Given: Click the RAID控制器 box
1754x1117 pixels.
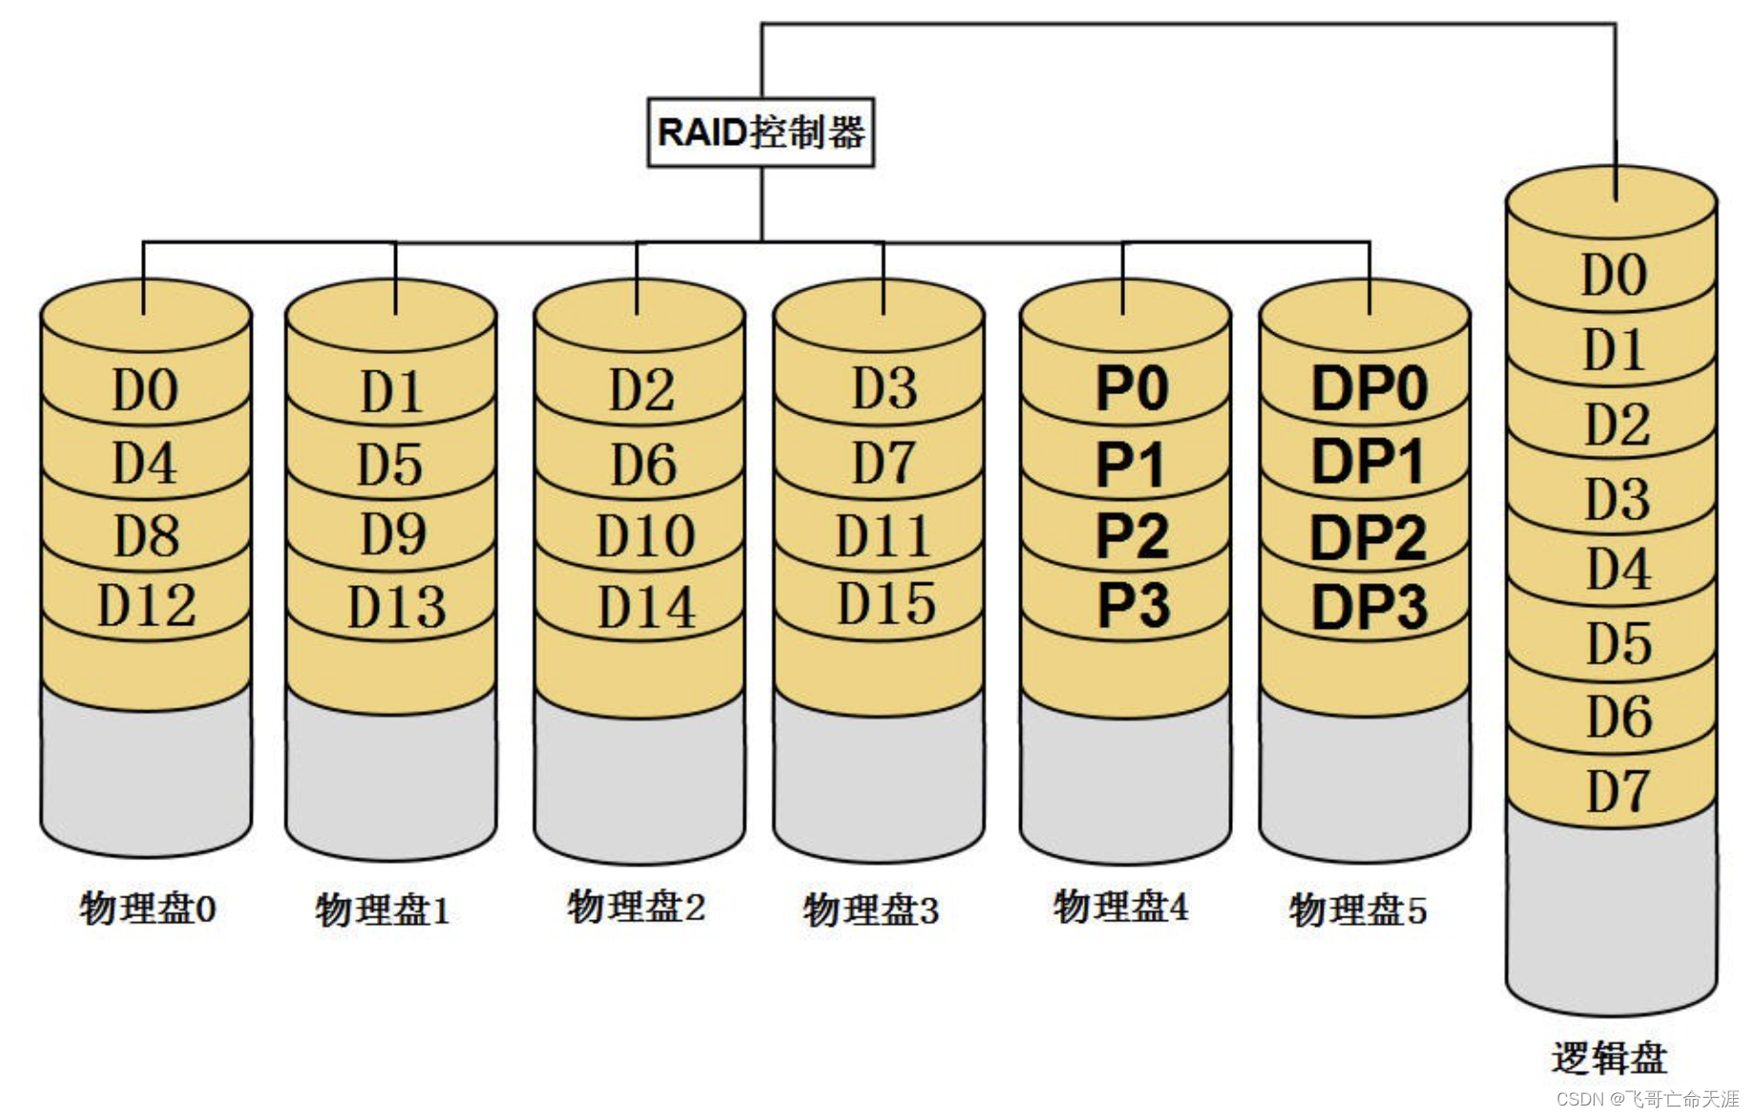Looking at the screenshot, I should (x=761, y=132).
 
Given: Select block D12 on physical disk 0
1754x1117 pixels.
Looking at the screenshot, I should (x=146, y=605).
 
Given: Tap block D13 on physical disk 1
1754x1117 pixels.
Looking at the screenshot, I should (x=395, y=607).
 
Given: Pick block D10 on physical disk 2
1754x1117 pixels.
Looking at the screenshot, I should (x=644, y=536).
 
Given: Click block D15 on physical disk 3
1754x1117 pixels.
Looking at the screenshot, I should (x=886, y=603).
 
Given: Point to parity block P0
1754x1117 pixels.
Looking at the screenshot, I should (x=1131, y=389).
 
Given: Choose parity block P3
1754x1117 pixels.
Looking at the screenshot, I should (x=1133, y=605).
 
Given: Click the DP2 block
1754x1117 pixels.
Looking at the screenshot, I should (x=1368, y=537).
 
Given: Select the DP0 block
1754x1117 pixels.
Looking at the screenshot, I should (x=1368, y=389).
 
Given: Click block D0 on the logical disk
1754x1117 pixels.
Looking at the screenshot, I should (x=1614, y=275).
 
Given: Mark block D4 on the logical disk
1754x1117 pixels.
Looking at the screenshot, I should (x=1618, y=569).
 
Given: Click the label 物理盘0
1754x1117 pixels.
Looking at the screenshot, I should (x=148, y=908).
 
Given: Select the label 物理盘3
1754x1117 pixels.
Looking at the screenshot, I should (x=870, y=910).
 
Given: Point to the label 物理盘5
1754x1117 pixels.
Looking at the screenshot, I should (x=1357, y=910).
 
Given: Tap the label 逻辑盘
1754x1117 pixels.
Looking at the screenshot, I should (x=1609, y=1058).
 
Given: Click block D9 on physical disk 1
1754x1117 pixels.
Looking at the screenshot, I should (x=392, y=535).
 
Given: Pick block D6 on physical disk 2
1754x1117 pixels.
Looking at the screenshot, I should (x=643, y=465).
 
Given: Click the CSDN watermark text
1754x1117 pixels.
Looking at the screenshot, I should (x=1647, y=1099).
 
